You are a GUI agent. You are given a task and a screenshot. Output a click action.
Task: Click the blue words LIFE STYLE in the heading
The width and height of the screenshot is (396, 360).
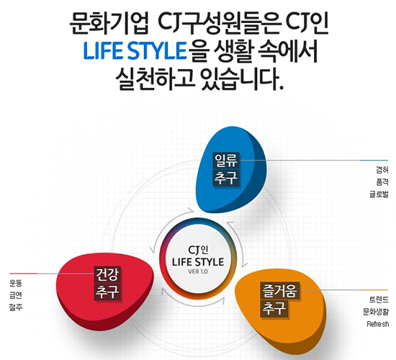[135, 51]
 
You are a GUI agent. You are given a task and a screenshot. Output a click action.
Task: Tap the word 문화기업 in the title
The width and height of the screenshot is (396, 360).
[109, 24]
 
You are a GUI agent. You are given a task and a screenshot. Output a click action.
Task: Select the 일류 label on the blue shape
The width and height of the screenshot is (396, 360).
[226, 160]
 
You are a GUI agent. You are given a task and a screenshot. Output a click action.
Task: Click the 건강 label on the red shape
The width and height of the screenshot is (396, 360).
[107, 274]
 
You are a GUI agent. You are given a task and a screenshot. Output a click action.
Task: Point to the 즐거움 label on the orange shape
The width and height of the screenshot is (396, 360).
[279, 290]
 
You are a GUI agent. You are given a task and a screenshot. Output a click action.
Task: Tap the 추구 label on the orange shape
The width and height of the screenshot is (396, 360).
[274, 308]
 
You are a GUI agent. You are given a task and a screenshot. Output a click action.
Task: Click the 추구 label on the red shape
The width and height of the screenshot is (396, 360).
[107, 292]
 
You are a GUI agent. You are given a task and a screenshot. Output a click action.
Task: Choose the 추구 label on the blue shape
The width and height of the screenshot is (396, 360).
[226, 178]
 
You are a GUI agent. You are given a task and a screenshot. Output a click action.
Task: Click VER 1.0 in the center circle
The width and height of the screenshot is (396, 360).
[198, 272]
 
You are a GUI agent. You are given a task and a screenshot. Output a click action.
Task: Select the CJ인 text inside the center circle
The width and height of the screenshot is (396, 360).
[198, 250]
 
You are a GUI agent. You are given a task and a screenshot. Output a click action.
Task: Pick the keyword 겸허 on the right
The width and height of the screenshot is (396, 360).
[382, 170]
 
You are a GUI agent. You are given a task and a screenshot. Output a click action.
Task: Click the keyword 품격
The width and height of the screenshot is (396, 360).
[382, 182]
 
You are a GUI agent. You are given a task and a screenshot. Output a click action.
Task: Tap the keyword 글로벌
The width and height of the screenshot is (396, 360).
[379, 194]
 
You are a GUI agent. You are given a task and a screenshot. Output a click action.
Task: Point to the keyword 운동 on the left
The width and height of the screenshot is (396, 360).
[16, 283]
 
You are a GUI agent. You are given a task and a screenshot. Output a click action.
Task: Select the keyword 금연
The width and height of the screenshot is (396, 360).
[16, 295]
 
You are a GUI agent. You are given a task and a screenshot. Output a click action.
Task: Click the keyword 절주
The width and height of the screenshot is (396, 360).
[16, 307]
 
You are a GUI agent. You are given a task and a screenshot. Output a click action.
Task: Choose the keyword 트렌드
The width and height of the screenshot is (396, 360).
[379, 300]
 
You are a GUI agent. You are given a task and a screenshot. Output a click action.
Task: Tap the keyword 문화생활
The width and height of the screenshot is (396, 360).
[376, 312]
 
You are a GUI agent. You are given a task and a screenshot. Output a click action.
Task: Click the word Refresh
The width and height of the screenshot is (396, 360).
[378, 324]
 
